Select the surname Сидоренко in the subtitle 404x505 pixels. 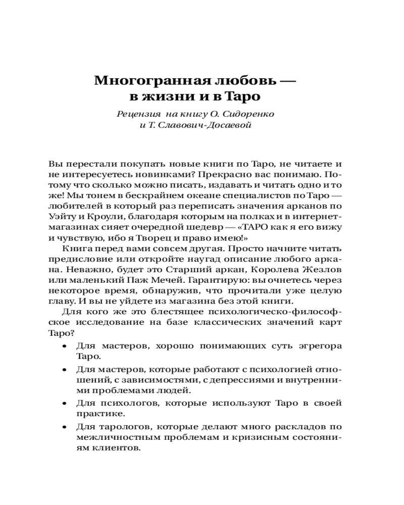click(250, 113)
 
